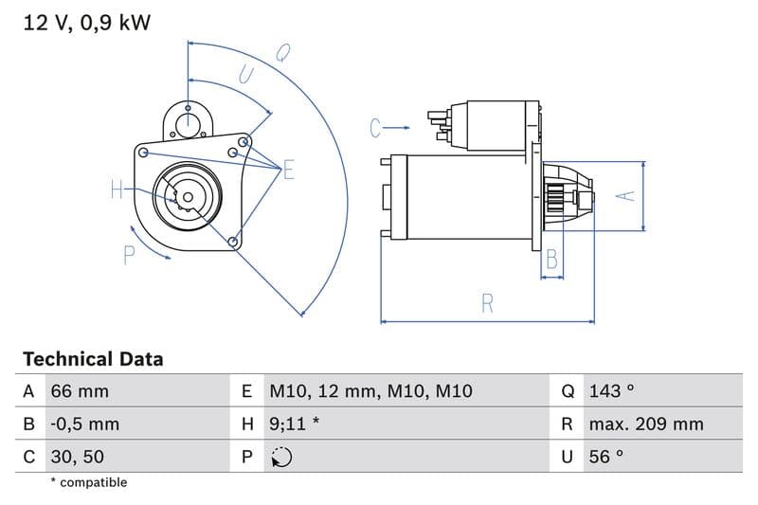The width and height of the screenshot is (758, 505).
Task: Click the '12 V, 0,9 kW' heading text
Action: tap(86, 24)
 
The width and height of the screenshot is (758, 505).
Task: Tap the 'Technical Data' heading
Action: tap(93, 359)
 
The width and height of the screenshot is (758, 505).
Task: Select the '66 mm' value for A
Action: tap(80, 391)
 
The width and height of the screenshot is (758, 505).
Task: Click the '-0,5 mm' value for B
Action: tap(85, 424)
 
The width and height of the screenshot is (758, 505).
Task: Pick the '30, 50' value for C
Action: tap(79, 456)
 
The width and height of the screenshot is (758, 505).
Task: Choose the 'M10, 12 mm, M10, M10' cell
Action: tap(370, 391)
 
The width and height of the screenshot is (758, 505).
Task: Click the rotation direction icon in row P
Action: tap(281, 457)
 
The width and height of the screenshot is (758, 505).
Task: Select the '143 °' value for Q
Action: tap(611, 391)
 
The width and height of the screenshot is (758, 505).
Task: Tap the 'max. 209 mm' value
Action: tap(645, 424)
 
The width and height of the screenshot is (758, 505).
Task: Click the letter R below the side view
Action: tap(487, 303)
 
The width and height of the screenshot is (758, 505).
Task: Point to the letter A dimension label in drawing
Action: tap(625, 195)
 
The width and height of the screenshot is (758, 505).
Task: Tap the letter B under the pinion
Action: tap(551, 260)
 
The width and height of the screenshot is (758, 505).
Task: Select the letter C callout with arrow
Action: tap(376, 127)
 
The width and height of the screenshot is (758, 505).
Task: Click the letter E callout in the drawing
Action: tap(288, 171)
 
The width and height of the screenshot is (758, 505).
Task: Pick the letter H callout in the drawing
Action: tap(117, 190)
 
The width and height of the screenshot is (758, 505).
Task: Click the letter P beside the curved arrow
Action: tap(130, 254)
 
